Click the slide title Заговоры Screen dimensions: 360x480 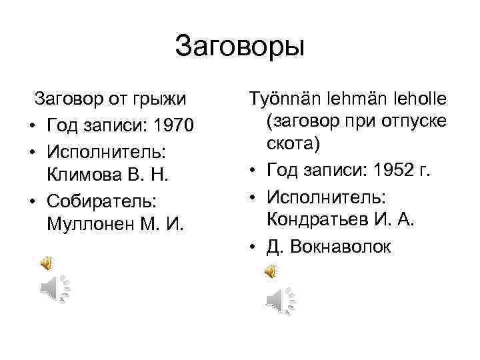[240, 47]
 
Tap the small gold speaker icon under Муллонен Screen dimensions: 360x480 [47, 264]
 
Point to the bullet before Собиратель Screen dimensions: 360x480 [33, 199]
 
